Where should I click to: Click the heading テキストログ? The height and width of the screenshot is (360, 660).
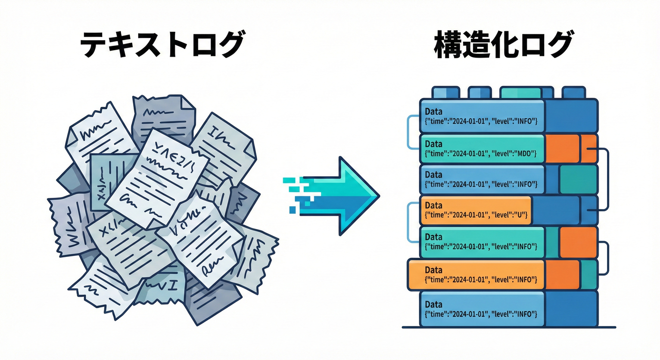[x=162, y=45]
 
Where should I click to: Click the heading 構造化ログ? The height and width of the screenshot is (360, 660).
[x=503, y=45]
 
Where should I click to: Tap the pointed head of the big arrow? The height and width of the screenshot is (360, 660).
[x=363, y=195]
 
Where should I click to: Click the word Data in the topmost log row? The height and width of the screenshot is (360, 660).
[x=433, y=112]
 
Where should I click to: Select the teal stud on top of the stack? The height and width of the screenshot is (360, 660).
[x=520, y=92]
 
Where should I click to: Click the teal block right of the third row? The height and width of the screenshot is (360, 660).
[x=578, y=179]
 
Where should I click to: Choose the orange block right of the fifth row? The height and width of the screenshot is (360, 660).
[x=578, y=242]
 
